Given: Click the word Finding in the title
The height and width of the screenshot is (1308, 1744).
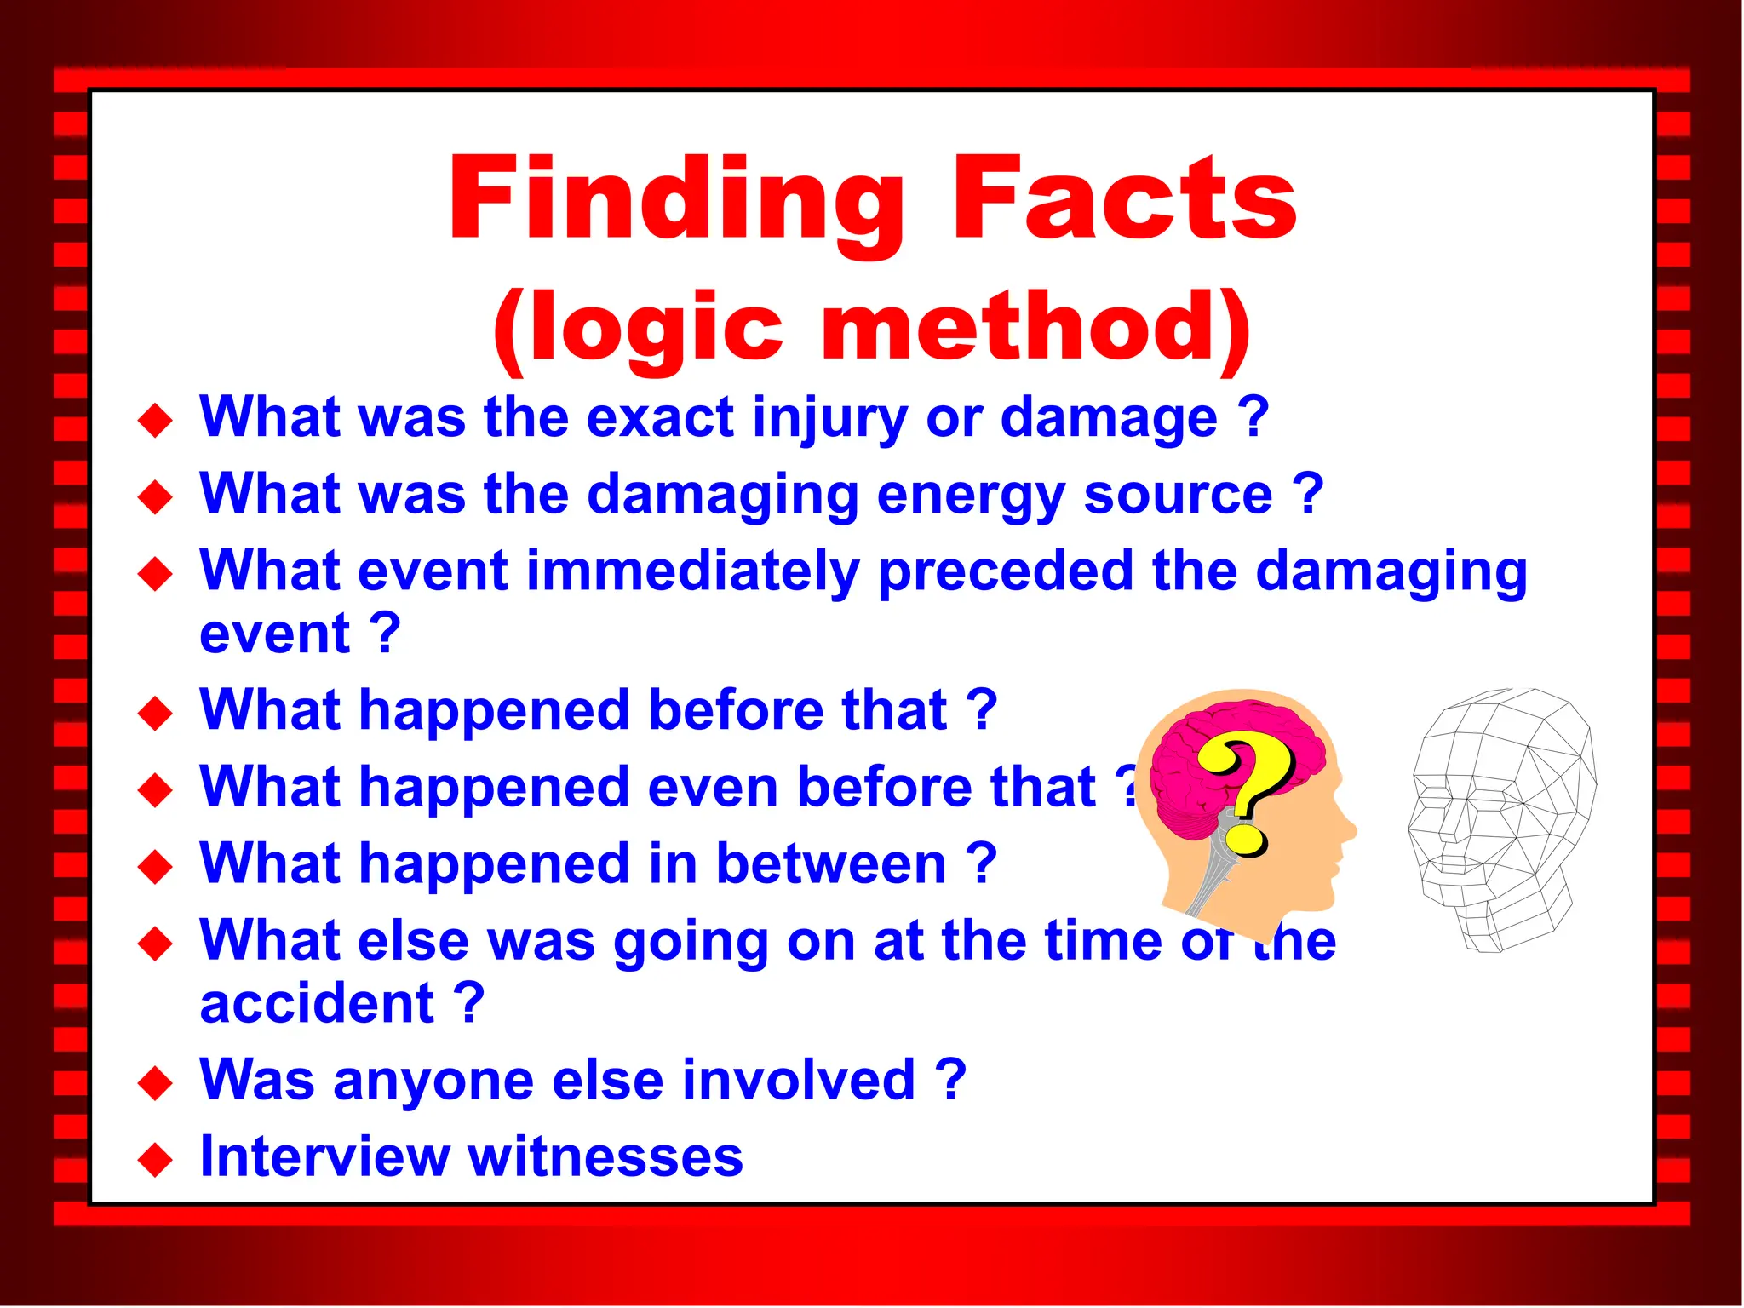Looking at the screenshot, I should point(677,201).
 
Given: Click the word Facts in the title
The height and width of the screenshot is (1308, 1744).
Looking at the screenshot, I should point(1124,201).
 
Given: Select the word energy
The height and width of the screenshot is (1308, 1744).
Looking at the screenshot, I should point(971,496).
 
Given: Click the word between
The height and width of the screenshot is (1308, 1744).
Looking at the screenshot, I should point(831,863).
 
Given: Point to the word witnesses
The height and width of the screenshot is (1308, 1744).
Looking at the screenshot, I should point(605,1158).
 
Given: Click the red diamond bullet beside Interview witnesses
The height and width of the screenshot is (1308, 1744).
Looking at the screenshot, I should point(155,1160).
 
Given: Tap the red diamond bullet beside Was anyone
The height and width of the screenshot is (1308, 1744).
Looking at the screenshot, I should point(155,1083).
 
